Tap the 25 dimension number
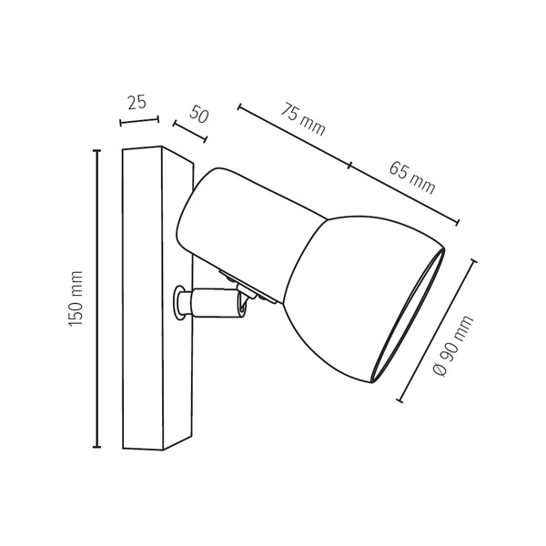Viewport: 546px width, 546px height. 136,102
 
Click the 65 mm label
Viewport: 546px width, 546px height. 411,177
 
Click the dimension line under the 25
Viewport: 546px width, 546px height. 139,120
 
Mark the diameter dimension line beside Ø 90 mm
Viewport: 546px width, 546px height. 438,330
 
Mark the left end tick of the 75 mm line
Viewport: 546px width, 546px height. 240,108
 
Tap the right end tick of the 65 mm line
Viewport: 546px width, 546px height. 458,221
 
